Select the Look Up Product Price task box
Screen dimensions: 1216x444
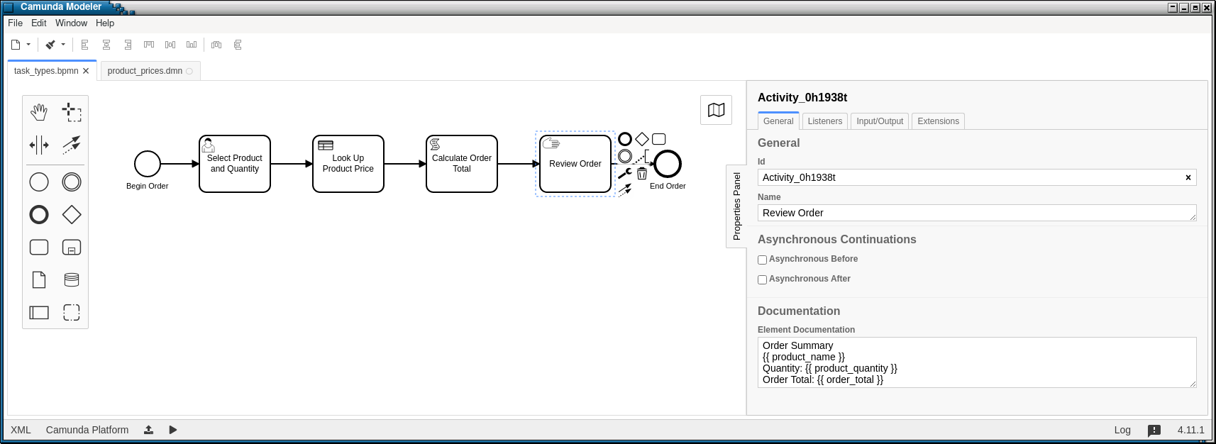348,164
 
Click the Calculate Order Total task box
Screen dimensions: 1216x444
461,164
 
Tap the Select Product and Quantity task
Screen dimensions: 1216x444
235,164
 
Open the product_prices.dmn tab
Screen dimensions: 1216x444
145,71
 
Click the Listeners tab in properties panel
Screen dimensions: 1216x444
824,121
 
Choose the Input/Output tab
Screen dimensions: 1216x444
880,121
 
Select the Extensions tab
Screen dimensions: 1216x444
938,121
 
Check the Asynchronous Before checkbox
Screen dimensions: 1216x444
762,260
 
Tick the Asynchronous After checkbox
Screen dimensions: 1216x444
762,279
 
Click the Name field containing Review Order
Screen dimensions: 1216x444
977,213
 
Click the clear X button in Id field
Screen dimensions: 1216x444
1188,177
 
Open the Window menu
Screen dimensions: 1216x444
71,23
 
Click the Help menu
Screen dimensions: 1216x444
105,23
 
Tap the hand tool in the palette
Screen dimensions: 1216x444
39,112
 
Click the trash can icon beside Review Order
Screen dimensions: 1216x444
641,173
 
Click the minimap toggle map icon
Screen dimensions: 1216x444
716,110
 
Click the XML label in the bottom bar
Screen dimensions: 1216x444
21,430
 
